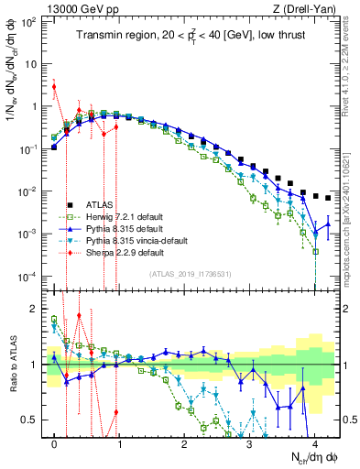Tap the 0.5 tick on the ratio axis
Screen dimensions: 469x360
(x=32, y=420)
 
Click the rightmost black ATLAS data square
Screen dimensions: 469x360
(x=327, y=197)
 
